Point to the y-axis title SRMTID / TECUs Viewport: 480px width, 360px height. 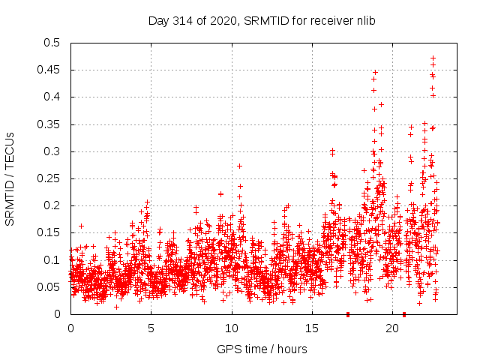click(x=10, y=178)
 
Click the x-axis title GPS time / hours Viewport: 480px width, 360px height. click(x=262, y=349)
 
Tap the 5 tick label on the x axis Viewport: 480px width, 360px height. click(x=151, y=328)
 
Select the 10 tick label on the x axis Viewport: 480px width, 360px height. click(x=231, y=328)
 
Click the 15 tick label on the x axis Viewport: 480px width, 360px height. click(x=311, y=328)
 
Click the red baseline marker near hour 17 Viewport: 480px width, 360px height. click(x=347, y=314)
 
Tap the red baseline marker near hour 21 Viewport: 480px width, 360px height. click(x=404, y=314)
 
